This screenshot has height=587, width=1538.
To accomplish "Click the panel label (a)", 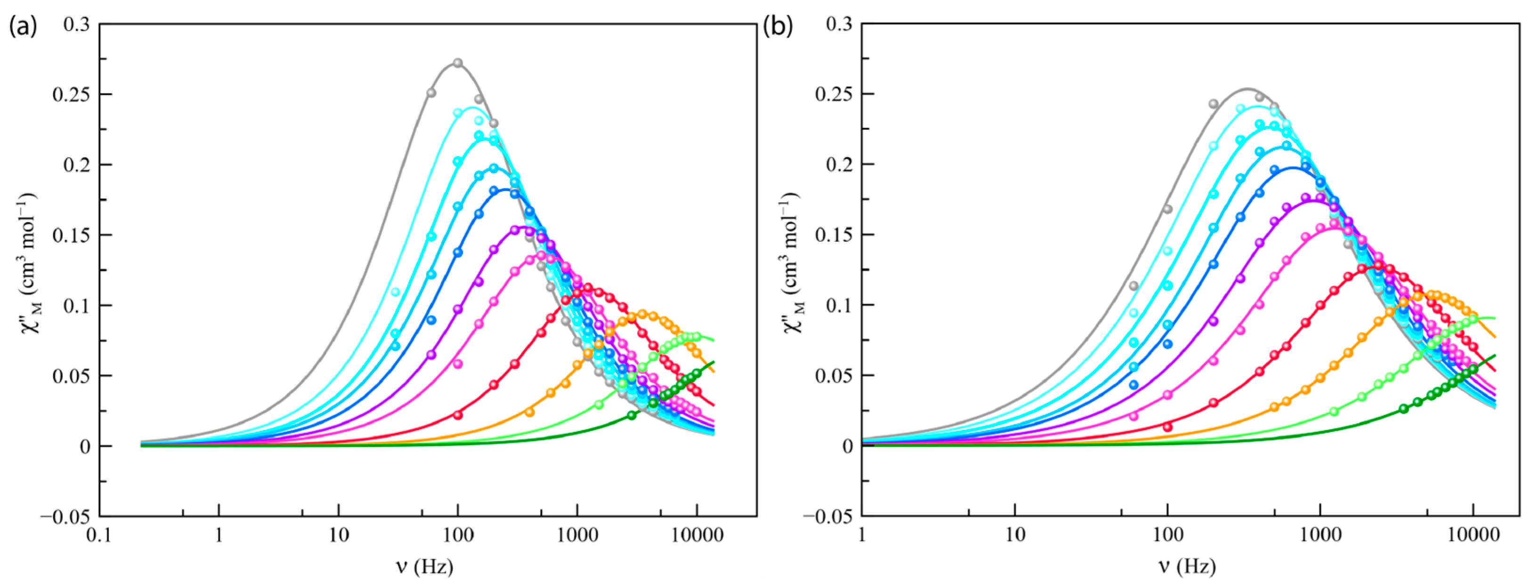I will (23, 26).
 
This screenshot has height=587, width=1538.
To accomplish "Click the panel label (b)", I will (778, 26).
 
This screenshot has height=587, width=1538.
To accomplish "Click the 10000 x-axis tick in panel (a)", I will (697, 534).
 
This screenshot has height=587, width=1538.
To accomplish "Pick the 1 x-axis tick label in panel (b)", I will (862, 534).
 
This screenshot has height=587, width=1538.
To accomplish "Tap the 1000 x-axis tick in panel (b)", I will (1320, 534).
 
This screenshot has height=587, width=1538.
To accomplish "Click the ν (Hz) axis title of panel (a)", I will (424, 566).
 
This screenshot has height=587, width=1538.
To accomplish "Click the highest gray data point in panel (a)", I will (458, 63).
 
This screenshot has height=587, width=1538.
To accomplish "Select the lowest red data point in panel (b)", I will (1167, 427).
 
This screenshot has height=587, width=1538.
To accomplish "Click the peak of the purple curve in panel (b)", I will (1308, 201).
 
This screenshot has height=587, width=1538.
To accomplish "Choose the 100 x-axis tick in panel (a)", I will (458, 534).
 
